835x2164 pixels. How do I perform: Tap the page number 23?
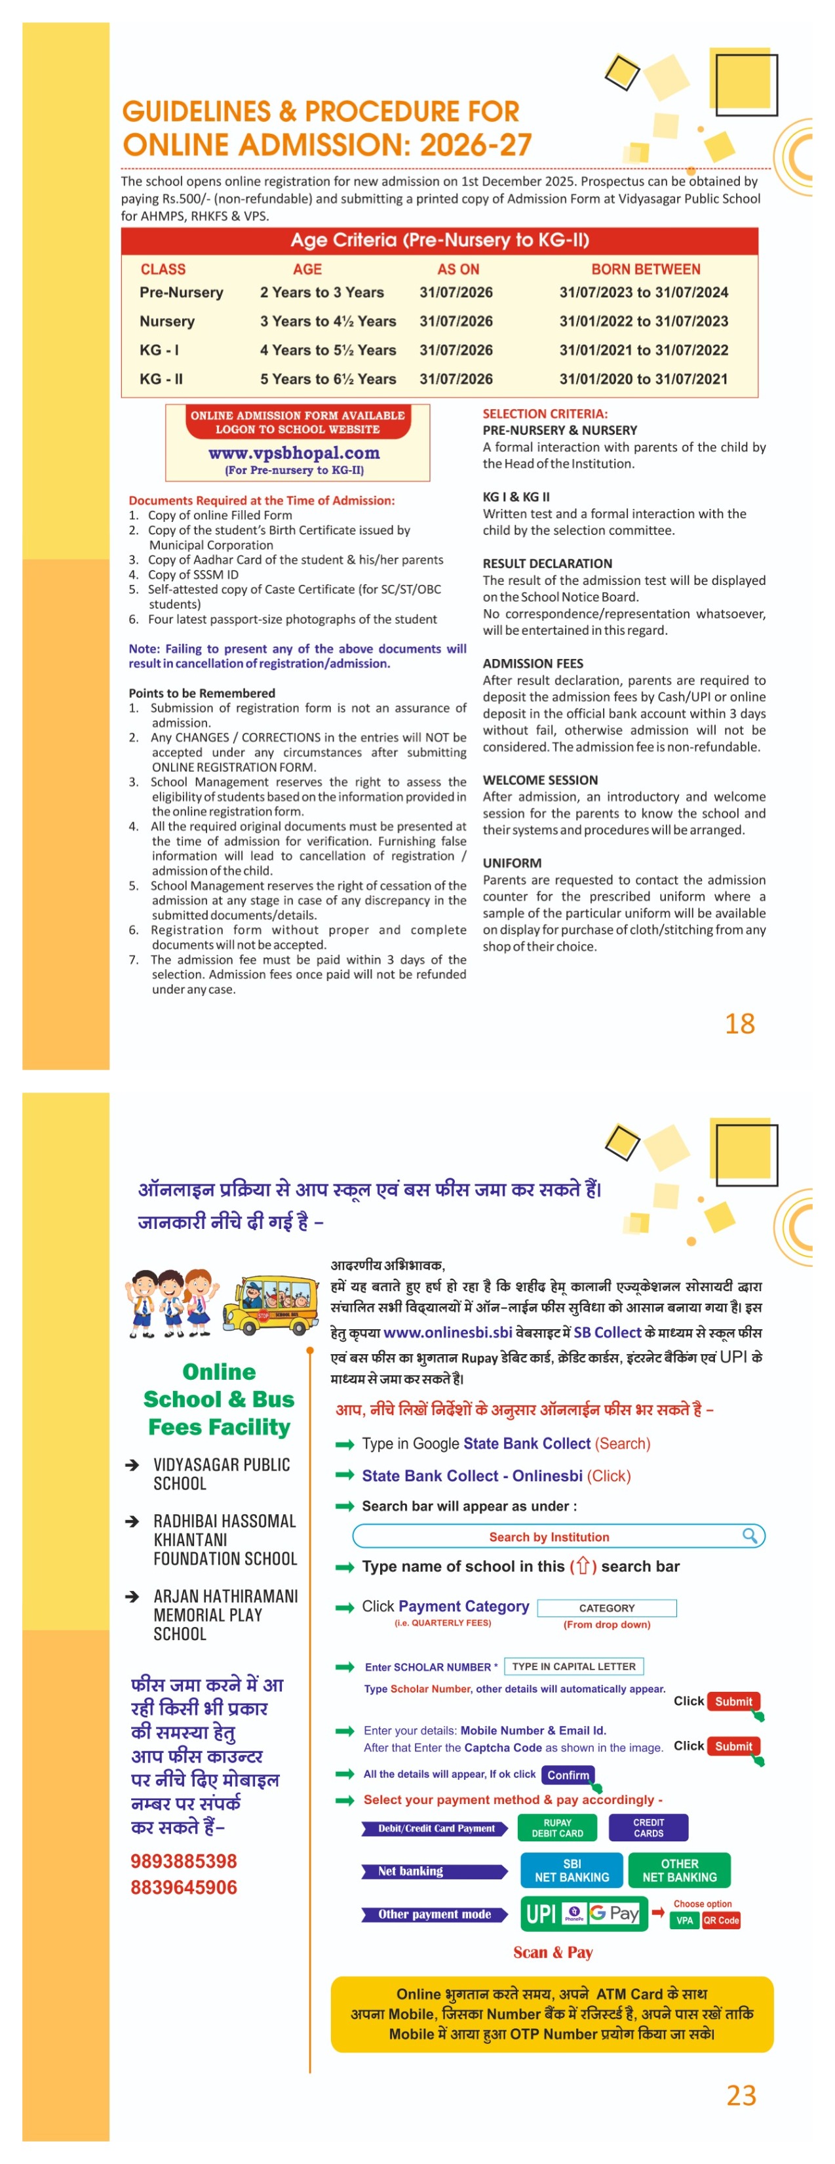(x=741, y=2095)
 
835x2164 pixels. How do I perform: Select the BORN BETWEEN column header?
(x=645, y=269)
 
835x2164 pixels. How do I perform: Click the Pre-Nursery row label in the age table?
(x=182, y=292)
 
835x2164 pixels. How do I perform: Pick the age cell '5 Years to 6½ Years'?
(x=328, y=379)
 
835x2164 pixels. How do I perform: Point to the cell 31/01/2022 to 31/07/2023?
(x=644, y=321)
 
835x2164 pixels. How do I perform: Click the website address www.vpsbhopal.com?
(x=294, y=452)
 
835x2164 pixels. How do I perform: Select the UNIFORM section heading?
(x=512, y=863)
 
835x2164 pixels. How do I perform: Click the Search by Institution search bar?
(x=558, y=1536)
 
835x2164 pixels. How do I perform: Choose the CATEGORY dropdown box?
(x=606, y=1608)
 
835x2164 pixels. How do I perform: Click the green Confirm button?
(x=568, y=1775)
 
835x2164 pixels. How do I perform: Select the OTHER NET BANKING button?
(x=680, y=1870)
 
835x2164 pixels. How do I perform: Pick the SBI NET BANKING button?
(x=572, y=1870)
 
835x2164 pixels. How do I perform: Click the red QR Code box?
(x=721, y=1920)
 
